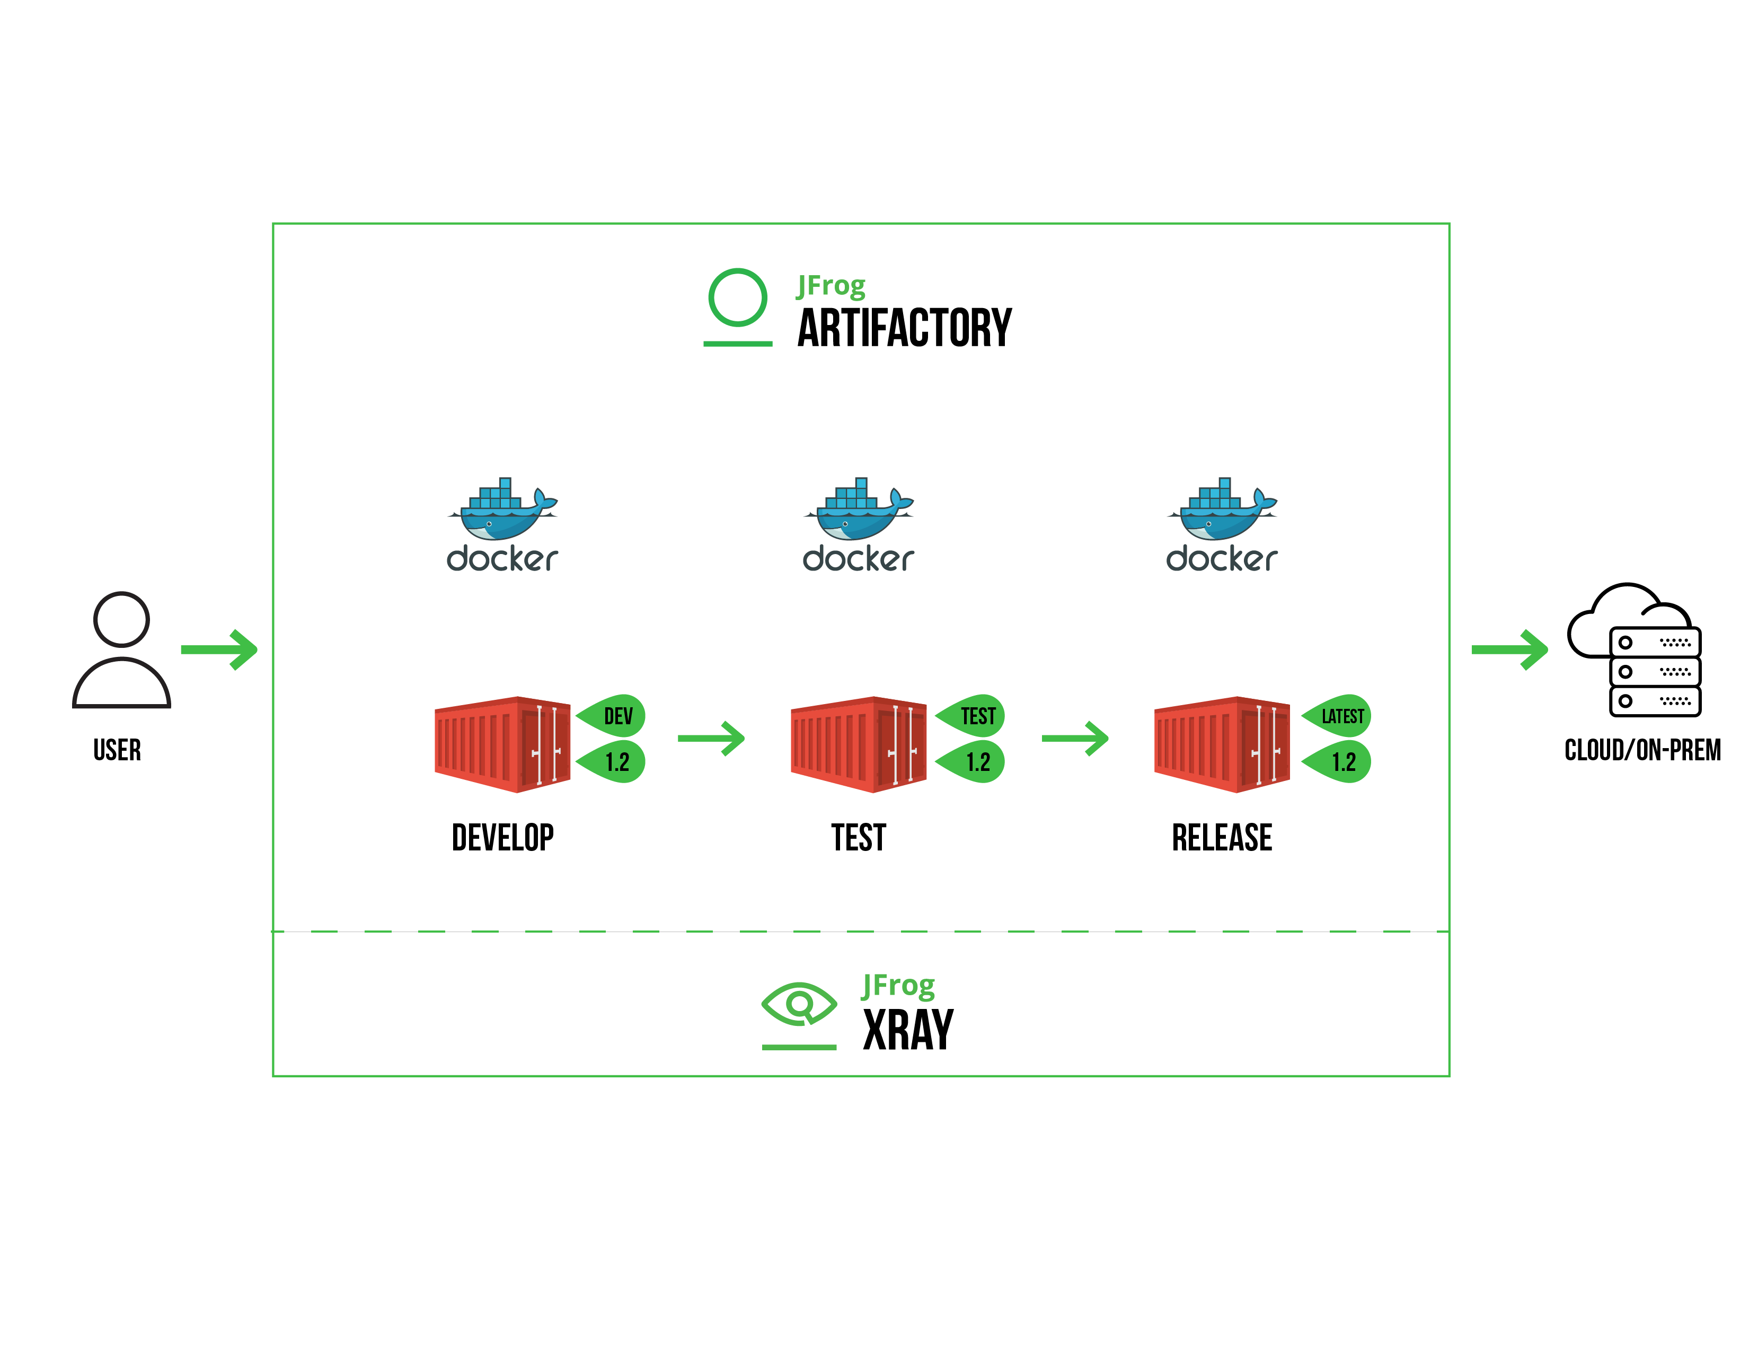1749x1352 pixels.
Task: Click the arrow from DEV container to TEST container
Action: [711, 738]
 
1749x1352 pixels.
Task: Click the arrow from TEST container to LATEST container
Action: [1075, 738]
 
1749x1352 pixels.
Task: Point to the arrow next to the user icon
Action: [218, 649]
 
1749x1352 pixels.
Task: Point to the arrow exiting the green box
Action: [1509, 649]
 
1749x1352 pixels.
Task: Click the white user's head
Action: [121, 619]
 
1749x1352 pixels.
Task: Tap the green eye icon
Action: [798, 1003]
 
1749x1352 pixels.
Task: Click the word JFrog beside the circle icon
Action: [831, 286]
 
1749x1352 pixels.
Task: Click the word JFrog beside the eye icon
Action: [898, 986]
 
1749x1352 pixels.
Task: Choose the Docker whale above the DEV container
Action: [502, 511]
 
